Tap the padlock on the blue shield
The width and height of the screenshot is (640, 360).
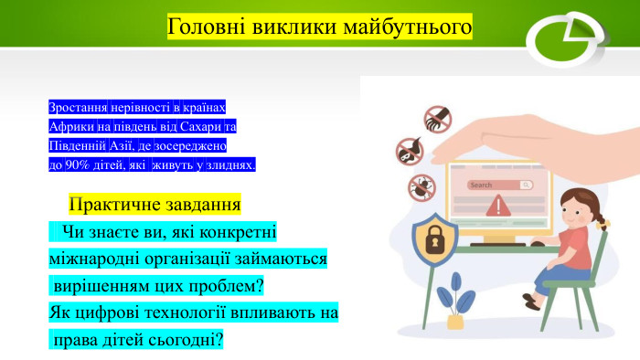(435, 241)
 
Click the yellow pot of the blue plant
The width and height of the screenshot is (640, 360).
(454, 323)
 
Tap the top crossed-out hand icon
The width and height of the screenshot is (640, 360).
(436, 117)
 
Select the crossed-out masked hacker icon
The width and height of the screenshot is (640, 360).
(409, 151)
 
